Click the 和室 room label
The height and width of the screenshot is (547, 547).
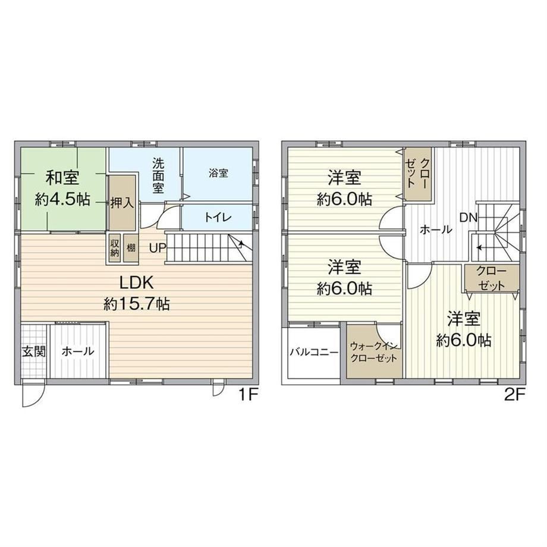pos(63,178)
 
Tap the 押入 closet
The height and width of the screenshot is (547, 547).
pos(122,203)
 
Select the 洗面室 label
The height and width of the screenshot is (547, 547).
pos(158,175)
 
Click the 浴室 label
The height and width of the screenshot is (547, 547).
pos(218,173)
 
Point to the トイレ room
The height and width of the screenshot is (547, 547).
pos(217,216)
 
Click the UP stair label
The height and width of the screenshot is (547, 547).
pos(158,248)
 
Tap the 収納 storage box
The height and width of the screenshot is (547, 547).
pos(114,248)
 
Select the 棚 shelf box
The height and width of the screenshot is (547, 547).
pos(131,248)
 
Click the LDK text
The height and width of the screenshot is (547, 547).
pos(136,282)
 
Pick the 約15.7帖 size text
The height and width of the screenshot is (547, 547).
pos(136,304)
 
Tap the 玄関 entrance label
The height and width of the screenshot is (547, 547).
pos(34,351)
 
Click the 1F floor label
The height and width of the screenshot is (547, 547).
pos(248,395)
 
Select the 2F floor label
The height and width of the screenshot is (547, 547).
pos(514,395)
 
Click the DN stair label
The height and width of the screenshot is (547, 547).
pos(468,218)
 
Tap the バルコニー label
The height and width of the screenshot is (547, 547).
pos(314,352)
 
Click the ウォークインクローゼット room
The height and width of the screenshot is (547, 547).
pos(374,351)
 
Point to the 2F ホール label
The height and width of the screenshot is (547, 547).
pos(436,230)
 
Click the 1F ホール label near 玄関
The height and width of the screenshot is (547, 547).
pos(78,351)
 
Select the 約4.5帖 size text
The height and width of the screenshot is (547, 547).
pos(62,200)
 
